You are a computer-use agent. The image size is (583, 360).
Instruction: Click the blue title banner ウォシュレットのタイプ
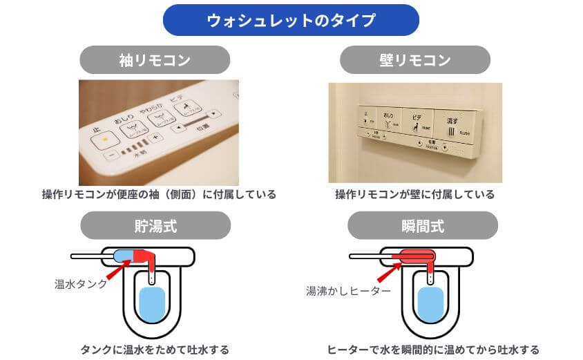pos(291,20)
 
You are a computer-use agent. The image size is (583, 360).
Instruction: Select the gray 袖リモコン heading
pos(155,59)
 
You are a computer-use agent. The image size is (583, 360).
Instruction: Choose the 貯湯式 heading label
pos(155,225)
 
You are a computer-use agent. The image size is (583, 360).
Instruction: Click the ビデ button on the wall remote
pos(416,122)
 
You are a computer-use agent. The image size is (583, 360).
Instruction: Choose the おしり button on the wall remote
pos(388,121)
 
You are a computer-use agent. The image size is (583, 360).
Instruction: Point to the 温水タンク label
pos(81,283)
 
